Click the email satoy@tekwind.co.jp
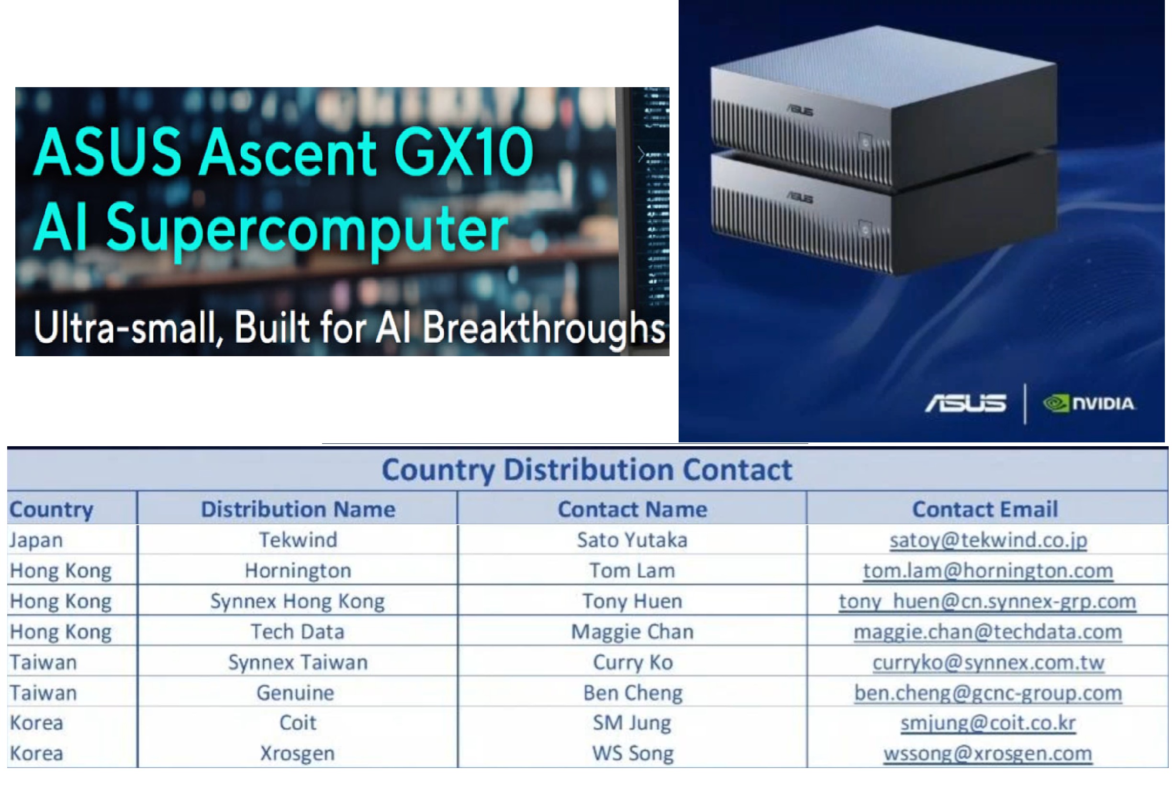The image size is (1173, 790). (x=988, y=540)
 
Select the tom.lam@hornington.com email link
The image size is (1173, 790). (x=988, y=571)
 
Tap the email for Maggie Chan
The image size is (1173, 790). (x=988, y=632)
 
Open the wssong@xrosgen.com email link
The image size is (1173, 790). (x=988, y=754)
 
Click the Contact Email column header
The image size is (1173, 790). (x=984, y=509)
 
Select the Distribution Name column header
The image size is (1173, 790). (x=298, y=509)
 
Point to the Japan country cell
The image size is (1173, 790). (x=36, y=540)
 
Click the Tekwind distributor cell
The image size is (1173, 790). (x=298, y=540)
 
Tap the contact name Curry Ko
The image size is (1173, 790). (x=633, y=663)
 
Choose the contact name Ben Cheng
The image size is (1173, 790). (x=633, y=693)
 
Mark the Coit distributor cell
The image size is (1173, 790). (x=298, y=723)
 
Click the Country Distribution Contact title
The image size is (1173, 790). (x=587, y=470)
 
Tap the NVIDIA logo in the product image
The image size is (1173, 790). (x=1089, y=404)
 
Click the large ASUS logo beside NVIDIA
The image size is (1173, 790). (x=965, y=404)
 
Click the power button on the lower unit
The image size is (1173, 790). (x=865, y=230)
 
